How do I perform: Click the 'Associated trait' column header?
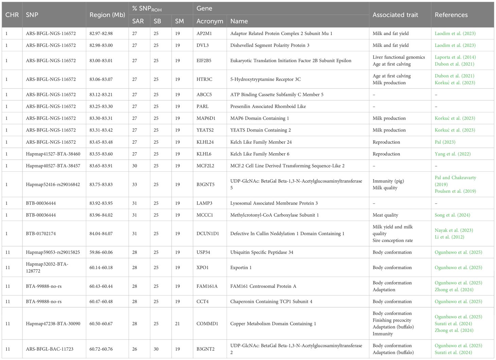coord(395,15)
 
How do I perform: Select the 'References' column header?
coord(451,15)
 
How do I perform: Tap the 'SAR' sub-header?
coord(138,21)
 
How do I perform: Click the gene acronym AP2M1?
coord(204,34)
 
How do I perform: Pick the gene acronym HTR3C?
coord(204,79)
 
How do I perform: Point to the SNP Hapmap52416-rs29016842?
coord(53,185)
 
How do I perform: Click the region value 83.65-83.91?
coord(101,166)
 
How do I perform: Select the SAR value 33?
coord(135,185)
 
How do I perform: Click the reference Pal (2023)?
coord(445,142)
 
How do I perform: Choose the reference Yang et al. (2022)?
coord(453,154)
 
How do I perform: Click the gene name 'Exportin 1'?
coord(241,268)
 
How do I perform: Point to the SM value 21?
coord(177,324)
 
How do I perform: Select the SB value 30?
coord(156,349)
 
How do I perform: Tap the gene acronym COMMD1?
coord(207,324)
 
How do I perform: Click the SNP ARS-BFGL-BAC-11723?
coord(50,349)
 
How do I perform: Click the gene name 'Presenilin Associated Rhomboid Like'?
coord(268,106)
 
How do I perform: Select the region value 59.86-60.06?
coord(101,252)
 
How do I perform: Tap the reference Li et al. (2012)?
coord(449,237)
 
